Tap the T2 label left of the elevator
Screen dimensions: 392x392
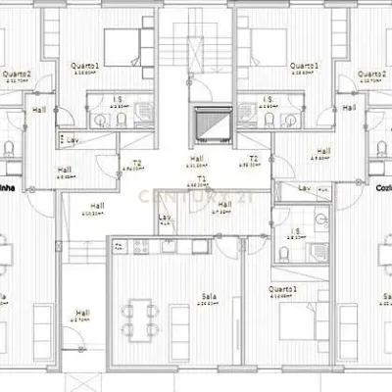tap(137, 164)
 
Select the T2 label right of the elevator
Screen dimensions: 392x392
tap(254, 158)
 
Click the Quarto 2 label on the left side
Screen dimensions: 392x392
tap(16, 74)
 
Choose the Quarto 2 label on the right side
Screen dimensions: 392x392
tap(370, 74)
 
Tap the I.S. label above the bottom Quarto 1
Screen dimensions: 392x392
tap(295, 231)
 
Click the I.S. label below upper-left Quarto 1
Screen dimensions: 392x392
tap(117, 99)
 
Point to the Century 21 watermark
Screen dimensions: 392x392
tap(196, 197)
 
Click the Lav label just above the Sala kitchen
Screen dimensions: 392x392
tap(165, 218)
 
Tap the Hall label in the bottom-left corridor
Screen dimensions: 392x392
tap(82, 315)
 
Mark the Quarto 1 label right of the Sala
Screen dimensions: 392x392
tap(283, 290)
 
